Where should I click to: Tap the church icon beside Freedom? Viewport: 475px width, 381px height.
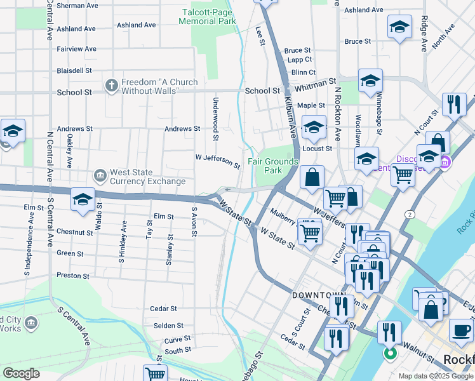(x=112, y=84)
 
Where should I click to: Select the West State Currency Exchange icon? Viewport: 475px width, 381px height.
(x=100, y=175)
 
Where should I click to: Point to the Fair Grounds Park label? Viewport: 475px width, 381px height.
(x=272, y=166)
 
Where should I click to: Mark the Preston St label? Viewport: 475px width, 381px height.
(x=73, y=276)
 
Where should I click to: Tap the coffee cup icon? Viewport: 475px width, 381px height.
(x=461, y=330)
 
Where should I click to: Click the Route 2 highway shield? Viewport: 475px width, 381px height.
(x=411, y=215)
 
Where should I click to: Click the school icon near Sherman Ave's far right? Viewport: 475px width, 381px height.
(x=399, y=27)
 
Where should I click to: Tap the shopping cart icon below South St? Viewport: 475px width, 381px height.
(x=155, y=373)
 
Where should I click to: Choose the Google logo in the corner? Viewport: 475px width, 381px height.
(x=22, y=373)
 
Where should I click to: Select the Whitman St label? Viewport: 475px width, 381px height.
(x=316, y=83)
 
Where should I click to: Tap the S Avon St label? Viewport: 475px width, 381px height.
(x=193, y=222)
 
